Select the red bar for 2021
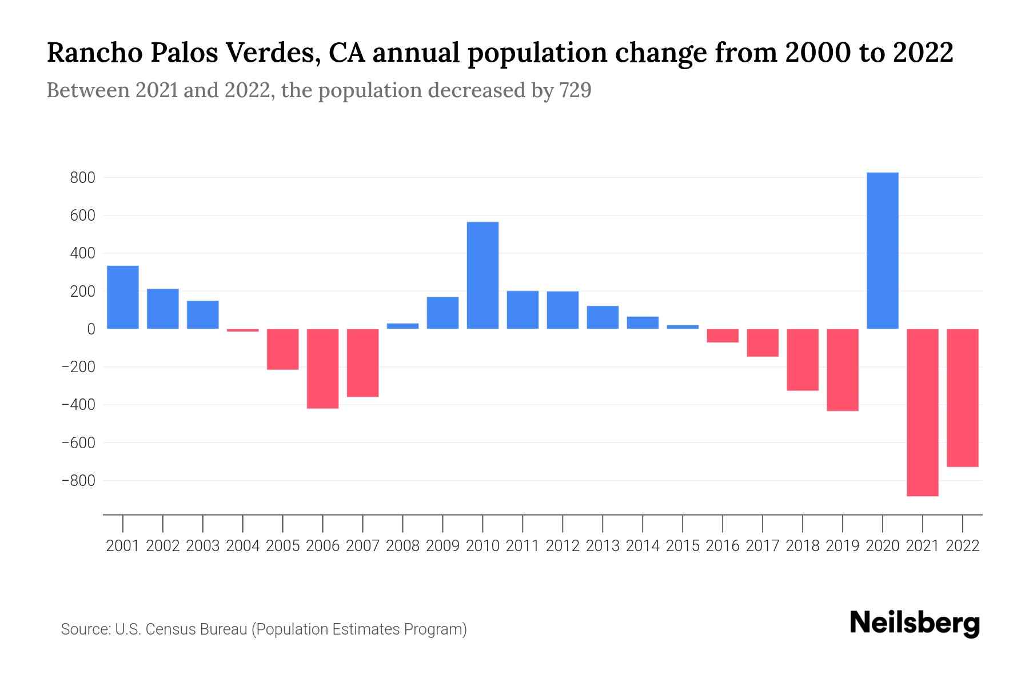[x=922, y=412]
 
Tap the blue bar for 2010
[x=482, y=275]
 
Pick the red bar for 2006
[x=322, y=368]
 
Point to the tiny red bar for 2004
[x=242, y=330]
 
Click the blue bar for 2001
[x=122, y=297]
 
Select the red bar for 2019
[x=842, y=369]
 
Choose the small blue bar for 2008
[x=402, y=326]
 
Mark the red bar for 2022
[x=962, y=398]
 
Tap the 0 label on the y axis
[x=90, y=329]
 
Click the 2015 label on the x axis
[x=683, y=546]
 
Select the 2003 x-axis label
[x=203, y=546]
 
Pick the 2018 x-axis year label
[x=802, y=546]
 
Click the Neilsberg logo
[x=914, y=624]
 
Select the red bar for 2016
[x=723, y=336]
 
